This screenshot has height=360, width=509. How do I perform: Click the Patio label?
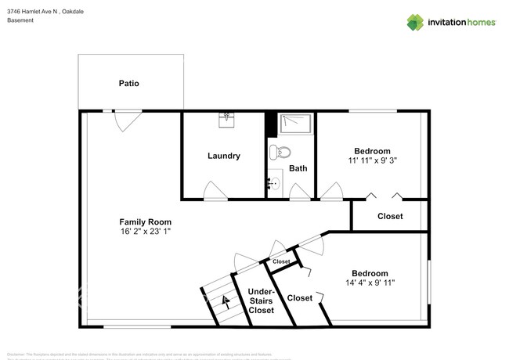click(x=129, y=83)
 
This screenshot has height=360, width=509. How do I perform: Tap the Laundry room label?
click(x=224, y=156)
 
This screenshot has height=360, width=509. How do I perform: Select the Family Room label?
click(x=145, y=221)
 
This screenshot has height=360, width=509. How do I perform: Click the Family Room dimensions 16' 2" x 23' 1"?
click(x=145, y=232)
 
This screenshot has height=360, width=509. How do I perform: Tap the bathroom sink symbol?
click(x=273, y=183)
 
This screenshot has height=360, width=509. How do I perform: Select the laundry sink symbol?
click(x=227, y=118)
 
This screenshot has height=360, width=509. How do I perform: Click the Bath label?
click(x=298, y=168)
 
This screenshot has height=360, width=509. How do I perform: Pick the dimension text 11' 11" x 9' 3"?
click(x=372, y=160)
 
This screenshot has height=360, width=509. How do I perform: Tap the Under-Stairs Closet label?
click(x=261, y=301)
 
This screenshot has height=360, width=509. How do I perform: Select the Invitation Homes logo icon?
click(x=414, y=22)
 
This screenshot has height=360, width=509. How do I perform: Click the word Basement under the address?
click(x=20, y=20)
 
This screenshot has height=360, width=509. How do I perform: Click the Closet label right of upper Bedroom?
click(x=390, y=216)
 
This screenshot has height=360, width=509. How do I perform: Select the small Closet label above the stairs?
click(x=281, y=261)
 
